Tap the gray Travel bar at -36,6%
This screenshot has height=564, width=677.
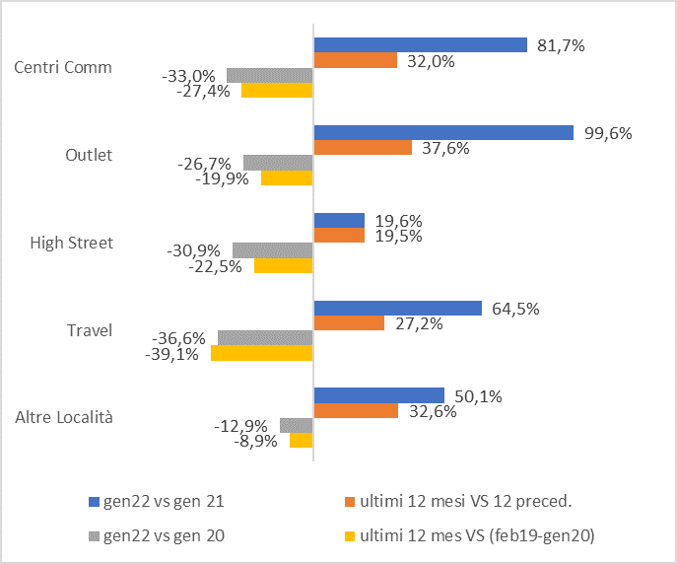click(265, 338)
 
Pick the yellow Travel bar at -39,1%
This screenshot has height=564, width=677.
click(262, 353)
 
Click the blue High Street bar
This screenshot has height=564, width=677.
click(339, 221)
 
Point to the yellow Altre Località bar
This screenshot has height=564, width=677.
click(302, 441)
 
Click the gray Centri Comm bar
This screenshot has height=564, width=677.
click(270, 75)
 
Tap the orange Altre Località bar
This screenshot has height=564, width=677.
click(356, 411)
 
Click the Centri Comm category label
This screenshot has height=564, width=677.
click(63, 68)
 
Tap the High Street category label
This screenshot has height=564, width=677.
click(72, 243)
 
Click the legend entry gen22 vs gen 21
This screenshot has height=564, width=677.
click(160, 501)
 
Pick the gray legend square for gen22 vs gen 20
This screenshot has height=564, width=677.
click(94, 536)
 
